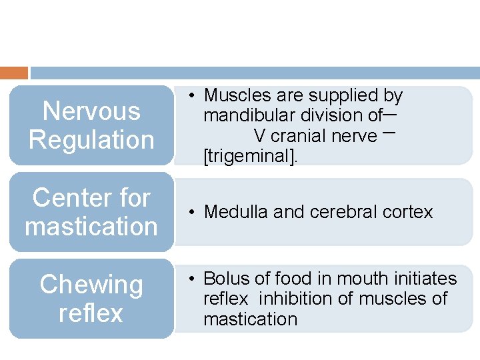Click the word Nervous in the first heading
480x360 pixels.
pyautogui.click(x=91, y=111)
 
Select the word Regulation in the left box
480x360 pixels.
pyautogui.click(x=91, y=140)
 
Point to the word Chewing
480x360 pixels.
pyautogui.click(x=91, y=285)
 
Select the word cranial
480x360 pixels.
pyautogui.click(x=301, y=136)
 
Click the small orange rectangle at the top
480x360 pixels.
pyautogui.click(x=14, y=73)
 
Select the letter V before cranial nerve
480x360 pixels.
pyautogui.click(x=260, y=136)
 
